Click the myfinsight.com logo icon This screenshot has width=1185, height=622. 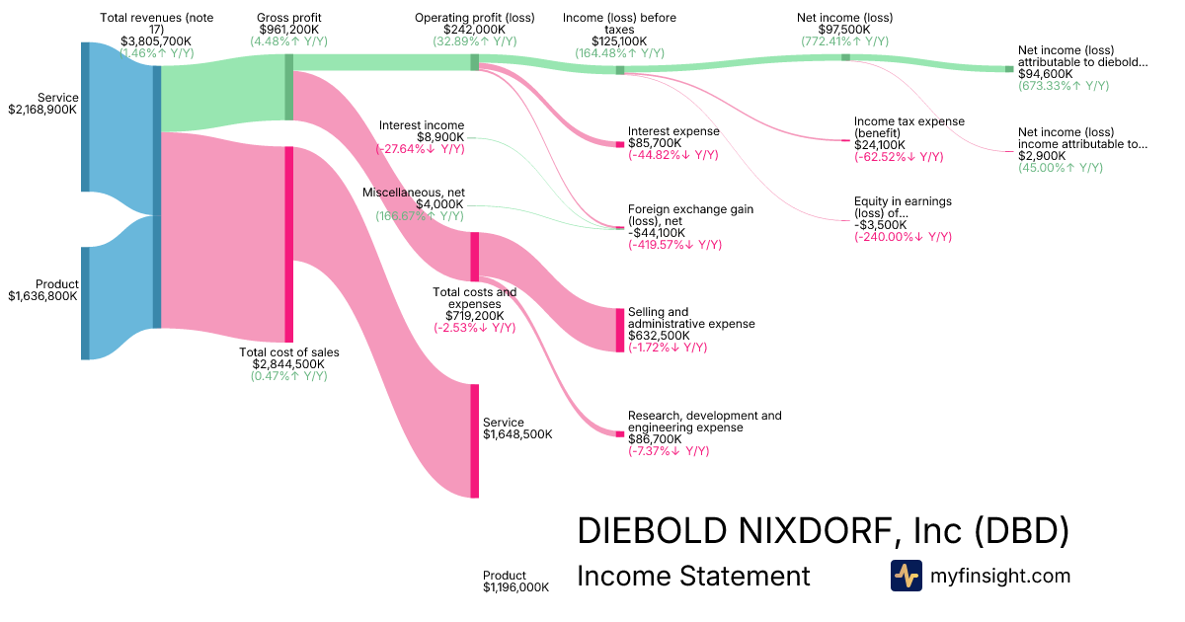[906, 576]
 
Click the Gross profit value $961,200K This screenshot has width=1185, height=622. [288, 30]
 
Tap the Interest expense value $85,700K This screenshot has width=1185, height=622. [656, 143]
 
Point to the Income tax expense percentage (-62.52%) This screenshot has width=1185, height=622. [899, 157]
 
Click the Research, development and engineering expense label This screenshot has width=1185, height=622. [704, 422]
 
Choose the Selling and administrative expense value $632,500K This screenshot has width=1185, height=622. [663, 336]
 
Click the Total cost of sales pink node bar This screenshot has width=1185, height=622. [288, 244]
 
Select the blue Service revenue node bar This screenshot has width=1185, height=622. [85, 117]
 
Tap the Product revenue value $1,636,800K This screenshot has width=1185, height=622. [42, 295]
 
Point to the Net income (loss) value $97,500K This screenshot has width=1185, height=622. [844, 30]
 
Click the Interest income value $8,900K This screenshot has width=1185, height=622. [439, 137]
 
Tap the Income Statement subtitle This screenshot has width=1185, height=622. [692, 576]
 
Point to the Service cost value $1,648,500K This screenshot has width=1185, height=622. [517, 433]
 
